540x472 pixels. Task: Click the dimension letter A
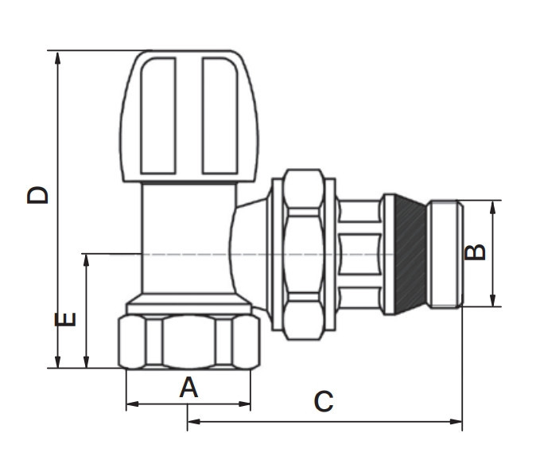[188, 387]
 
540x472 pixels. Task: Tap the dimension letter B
[475, 252]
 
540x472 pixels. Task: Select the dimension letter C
[324, 401]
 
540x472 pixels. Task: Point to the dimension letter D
[37, 195]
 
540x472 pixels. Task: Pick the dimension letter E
[65, 319]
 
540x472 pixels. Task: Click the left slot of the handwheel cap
[158, 115]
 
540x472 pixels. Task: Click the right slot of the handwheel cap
[220, 115]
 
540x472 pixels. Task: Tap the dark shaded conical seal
[410, 254]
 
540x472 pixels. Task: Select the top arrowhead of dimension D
[57, 58]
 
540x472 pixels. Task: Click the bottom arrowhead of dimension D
[57, 361]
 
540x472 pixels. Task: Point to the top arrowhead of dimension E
[86, 260]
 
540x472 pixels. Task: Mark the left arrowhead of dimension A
[133, 404]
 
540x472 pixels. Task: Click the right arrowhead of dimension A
[244, 404]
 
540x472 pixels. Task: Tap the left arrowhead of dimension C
[194, 421]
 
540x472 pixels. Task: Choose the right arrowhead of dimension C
[456, 421]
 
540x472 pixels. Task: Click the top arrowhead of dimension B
[492, 207]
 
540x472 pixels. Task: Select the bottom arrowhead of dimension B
[492, 299]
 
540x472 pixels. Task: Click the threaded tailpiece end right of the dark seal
[445, 254]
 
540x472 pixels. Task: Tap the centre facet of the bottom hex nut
[188, 341]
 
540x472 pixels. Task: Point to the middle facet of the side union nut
[304, 254]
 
